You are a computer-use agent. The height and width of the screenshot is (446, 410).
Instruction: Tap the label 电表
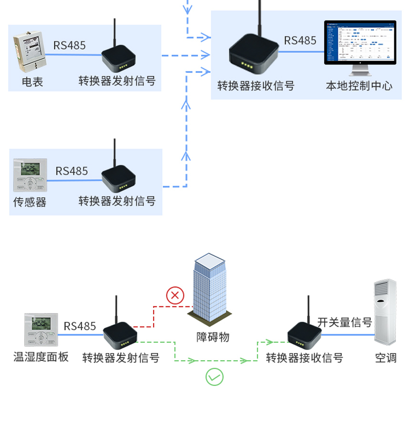(32, 82)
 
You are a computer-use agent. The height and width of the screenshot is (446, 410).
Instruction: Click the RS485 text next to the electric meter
(70, 45)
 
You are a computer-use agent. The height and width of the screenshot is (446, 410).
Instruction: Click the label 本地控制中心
(359, 86)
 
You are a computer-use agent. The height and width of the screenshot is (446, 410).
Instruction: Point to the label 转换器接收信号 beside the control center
(256, 86)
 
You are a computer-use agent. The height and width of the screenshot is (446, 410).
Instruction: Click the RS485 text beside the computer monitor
(300, 41)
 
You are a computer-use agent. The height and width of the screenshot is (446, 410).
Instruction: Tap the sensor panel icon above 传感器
(30, 175)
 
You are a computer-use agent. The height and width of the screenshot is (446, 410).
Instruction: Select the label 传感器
(30, 202)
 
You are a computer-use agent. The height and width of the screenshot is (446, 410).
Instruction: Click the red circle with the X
(175, 295)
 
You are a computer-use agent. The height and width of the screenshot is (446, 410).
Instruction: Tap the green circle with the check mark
(215, 377)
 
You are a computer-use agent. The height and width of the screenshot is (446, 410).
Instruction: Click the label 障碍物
(213, 337)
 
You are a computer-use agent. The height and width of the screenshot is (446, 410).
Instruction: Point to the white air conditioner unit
(385, 312)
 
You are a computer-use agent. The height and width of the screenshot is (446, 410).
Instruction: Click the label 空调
(386, 358)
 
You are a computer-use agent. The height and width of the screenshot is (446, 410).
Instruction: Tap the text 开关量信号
(345, 323)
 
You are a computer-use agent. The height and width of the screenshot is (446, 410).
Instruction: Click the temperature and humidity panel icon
(41, 329)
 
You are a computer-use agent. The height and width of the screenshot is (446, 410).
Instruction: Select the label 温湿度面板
(41, 357)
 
